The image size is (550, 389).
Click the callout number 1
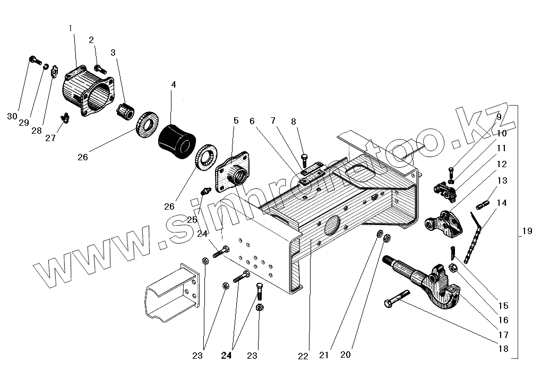(x=71, y=28)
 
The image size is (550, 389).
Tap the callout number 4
(x=173, y=84)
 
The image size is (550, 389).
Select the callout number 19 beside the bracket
(x=527, y=231)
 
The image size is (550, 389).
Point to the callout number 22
(x=303, y=356)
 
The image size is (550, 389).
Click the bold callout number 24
(x=226, y=356)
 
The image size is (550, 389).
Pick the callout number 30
(x=12, y=116)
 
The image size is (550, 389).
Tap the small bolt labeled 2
(x=100, y=68)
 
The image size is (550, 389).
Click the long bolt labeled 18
(x=397, y=299)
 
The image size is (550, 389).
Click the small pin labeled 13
(x=483, y=204)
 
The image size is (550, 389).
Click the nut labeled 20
(x=387, y=238)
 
